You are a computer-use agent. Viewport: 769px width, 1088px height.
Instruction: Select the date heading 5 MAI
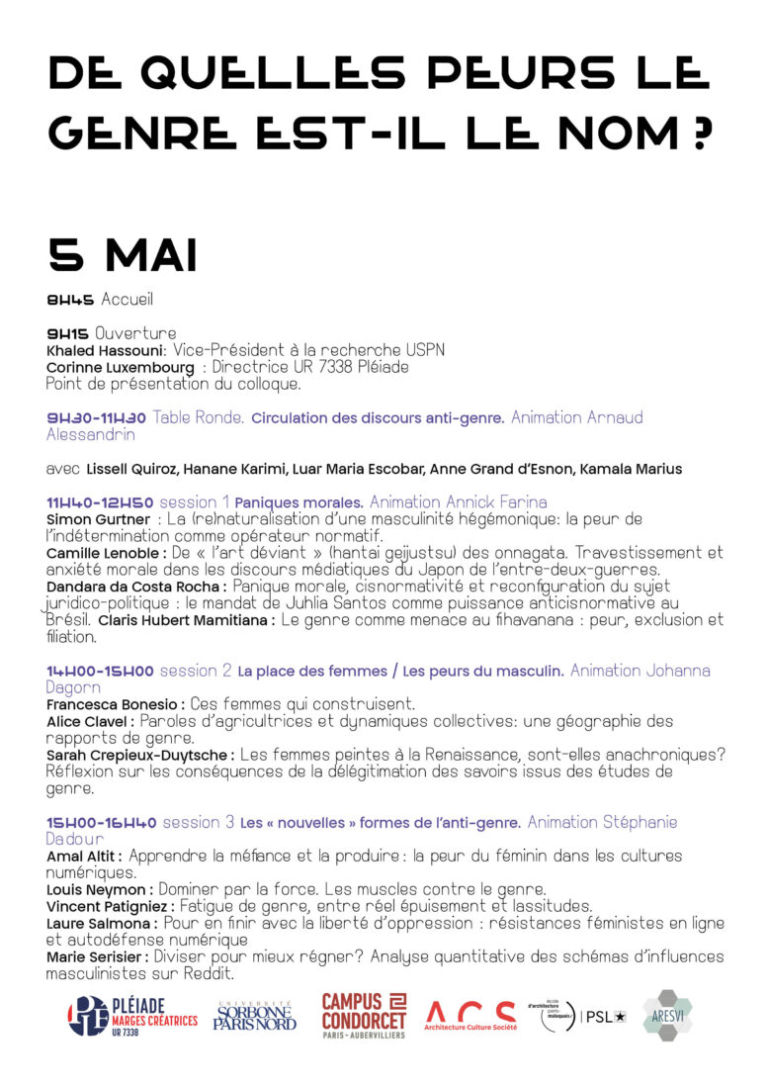[123, 255]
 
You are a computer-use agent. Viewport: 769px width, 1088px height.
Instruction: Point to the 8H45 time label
[70, 300]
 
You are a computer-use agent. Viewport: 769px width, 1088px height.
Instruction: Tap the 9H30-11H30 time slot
[96, 417]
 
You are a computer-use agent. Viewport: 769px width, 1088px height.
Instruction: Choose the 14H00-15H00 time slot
[100, 672]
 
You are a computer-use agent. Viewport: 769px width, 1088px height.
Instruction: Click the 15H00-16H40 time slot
[101, 823]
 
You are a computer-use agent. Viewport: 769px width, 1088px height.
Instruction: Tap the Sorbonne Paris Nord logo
[255, 1016]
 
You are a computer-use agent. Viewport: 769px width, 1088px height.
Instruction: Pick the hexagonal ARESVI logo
[668, 1016]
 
